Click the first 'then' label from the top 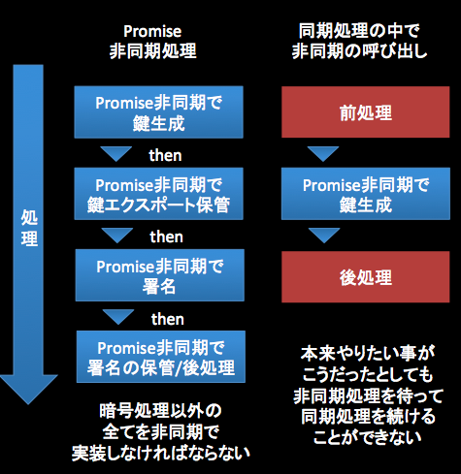coord(166,154)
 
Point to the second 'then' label coord(166,236)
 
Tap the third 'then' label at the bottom coord(166,319)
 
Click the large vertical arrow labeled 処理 coord(29,233)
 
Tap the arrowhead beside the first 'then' coord(117,154)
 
